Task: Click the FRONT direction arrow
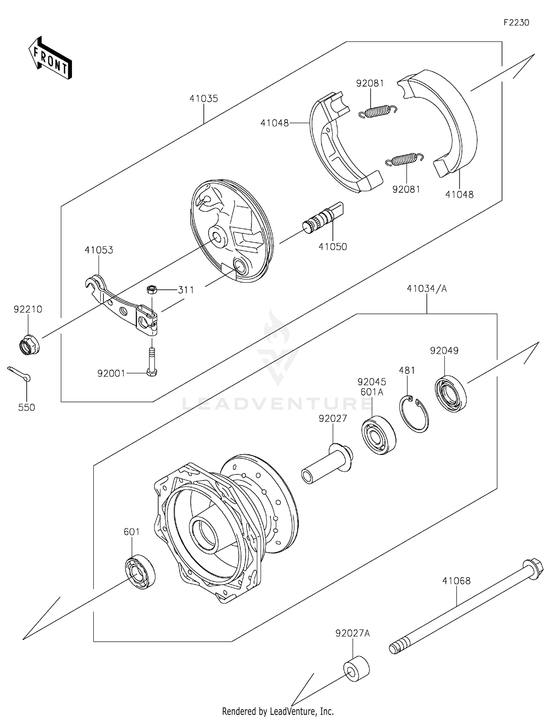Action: pos(50,59)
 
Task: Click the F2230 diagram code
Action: pos(516,23)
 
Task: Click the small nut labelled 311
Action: pos(151,289)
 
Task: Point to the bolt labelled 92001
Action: pos(152,362)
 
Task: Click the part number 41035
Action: pos(203,99)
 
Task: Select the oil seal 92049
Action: pos(450,394)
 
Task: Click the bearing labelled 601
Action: pos(140,572)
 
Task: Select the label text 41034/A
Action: pos(427,289)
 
